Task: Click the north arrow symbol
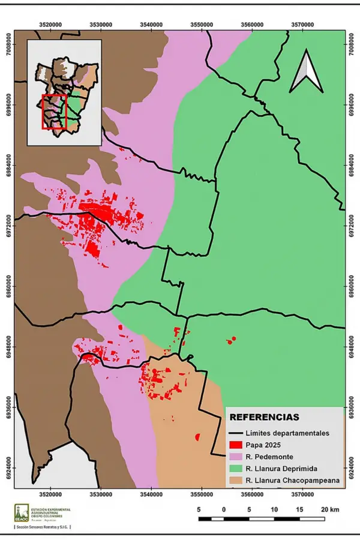[x=306, y=71]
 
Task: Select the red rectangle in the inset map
[x=53, y=112]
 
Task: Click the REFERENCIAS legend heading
[x=264, y=417]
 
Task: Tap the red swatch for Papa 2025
[x=235, y=445]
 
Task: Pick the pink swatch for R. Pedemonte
[x=235, y=457]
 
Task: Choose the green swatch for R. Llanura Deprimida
[x=235, y=468]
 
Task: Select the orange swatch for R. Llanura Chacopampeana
[x=235, y=480]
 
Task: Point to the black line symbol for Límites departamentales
[x=235, y=433]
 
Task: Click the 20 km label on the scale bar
[x=330, y=509]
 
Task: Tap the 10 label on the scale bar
[x=274, y=509]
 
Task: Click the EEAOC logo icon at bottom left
[x=21, y=512]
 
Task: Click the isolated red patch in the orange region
[x=197, y=438]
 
